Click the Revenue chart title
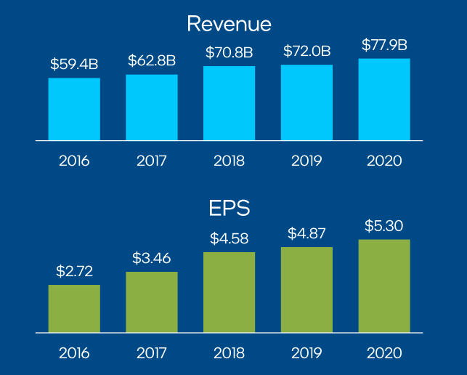(x=229, y=24)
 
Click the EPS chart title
(x=229, y=209)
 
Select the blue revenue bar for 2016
(x=74, y=109)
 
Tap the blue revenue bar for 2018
(x=229, y=103)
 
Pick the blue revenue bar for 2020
(x=383, y=100)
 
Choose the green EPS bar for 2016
(x=74, y=309)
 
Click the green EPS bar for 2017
(x=152, y=302)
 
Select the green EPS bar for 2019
(x=306, y=290)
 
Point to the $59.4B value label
(x=74, y=64)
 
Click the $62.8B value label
(x=152, y=60)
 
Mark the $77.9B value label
(x=383, y=45)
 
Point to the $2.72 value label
(x=74, y=271)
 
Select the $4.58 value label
(x=229, y=238)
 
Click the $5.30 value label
(x=383, y=225)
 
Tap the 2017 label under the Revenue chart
(x=152, y=161)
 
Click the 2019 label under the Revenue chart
(x=306, y=161)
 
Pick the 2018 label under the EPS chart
(x=229, y=353)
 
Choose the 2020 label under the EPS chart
(x=383, y=353)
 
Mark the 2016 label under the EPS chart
(x=74, y=353)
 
